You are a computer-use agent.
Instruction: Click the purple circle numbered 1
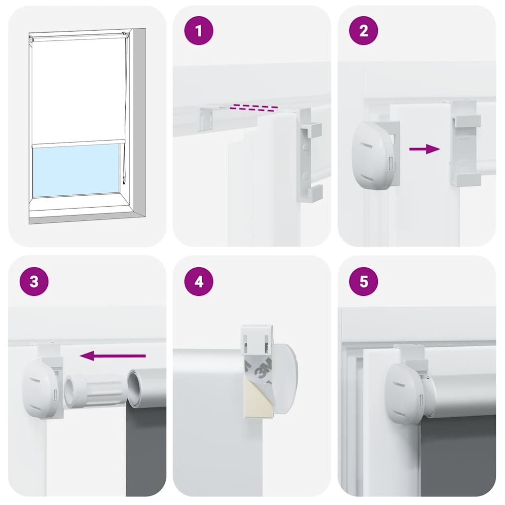(199, 31)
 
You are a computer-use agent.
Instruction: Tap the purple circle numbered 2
(363, 31)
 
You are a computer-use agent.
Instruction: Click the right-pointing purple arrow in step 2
(425, 149)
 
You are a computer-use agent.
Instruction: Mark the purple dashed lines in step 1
(255, 108)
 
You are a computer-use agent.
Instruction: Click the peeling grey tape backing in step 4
(257, 367)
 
